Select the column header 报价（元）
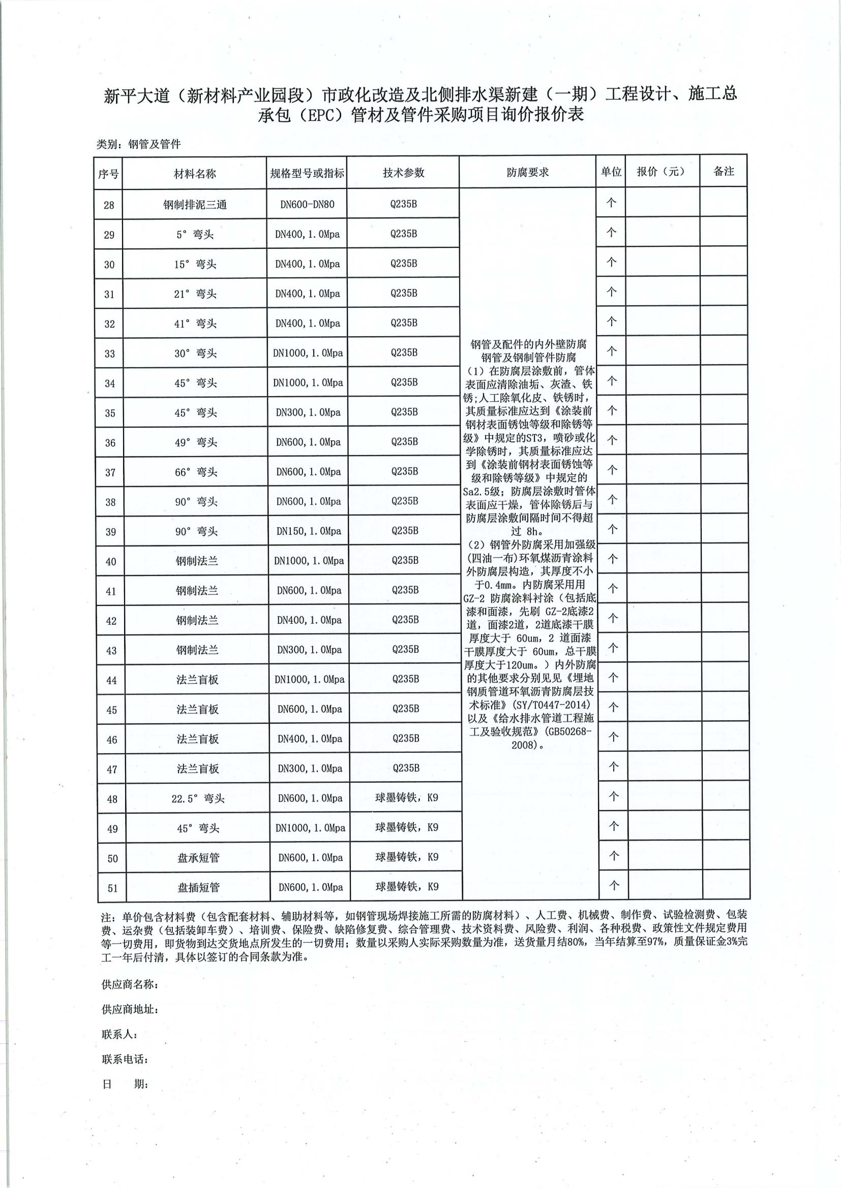(661, 171)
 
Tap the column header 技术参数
(403, 172)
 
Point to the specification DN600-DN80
(307, 204)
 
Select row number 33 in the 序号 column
(109, 354)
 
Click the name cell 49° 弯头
(196, 442)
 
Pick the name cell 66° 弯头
(196, 472)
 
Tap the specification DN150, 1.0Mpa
(309, 531)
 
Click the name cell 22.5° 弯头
(198, 799)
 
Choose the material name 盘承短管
(198, 858)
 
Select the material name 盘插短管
(198, 887)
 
